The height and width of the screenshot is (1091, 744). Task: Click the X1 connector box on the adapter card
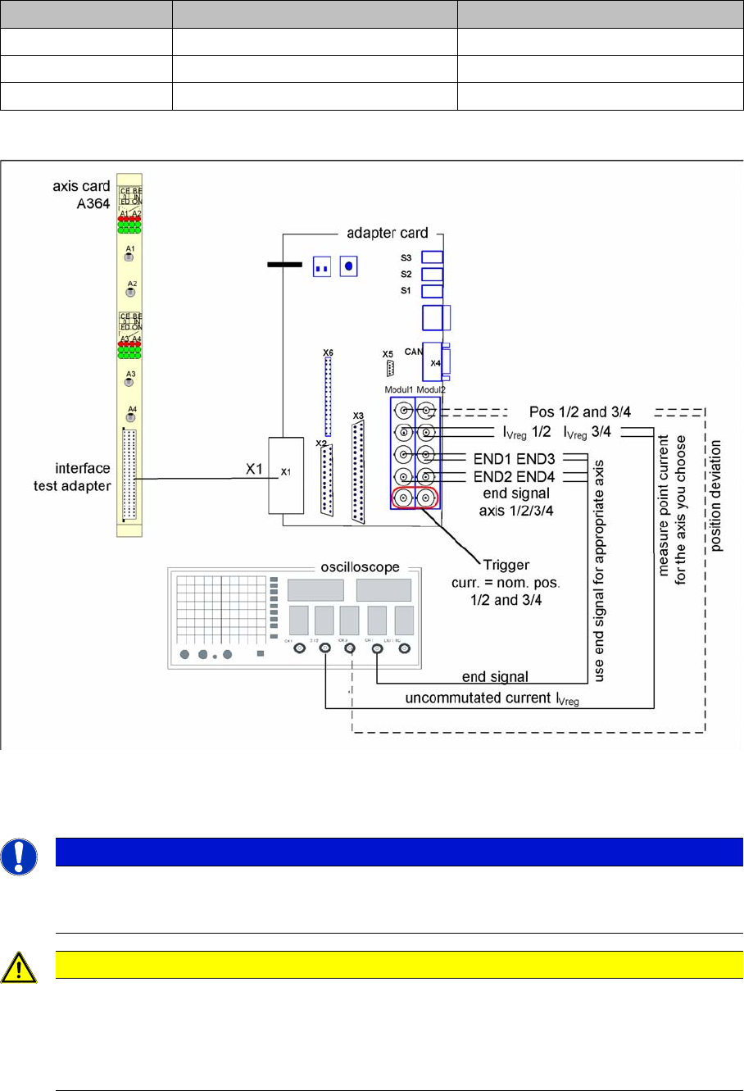pos(284,475)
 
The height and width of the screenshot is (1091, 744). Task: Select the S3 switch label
pos(406,257)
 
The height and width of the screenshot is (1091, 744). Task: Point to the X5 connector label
pos(388,354)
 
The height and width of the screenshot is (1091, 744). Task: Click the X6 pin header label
pos(329,352)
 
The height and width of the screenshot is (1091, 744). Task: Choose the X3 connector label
pos(357,416)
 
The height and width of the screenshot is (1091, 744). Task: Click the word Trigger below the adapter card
pos(506,565)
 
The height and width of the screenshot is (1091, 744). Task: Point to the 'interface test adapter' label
pos(83,475)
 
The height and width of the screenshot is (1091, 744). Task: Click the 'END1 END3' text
pos(515,459)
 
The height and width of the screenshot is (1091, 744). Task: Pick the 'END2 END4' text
pos(515,476)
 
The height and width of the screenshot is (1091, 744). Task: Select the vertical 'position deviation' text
pos(717,497)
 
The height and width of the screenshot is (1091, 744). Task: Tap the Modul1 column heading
pos(400,389)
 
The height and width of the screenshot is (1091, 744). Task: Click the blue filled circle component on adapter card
pos(350,266)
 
